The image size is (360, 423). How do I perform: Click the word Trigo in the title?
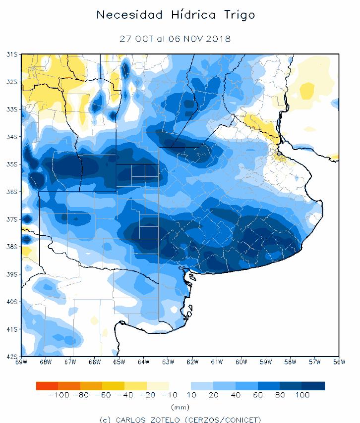coord(238,15)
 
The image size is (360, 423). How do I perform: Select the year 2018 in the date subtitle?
coord(219,38)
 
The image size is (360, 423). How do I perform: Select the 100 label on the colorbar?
coord(302,395)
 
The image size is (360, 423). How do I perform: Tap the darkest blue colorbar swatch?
coord(313,386)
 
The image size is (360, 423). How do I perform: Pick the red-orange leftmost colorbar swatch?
coord(47,386)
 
